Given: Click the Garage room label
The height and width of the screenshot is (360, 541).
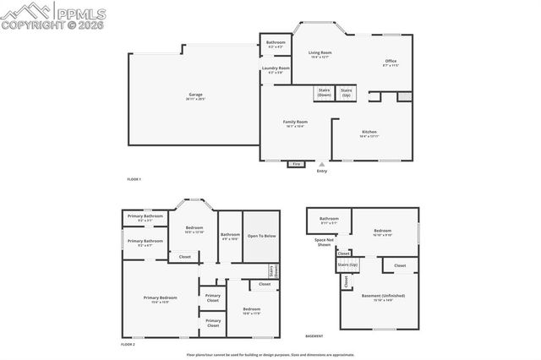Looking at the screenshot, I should (196, 95).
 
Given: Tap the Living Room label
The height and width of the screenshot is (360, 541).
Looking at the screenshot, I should (320, 54).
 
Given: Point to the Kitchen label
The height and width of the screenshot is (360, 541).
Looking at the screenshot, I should (369, 134).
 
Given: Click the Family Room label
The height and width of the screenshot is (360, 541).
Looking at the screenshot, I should (295, 123).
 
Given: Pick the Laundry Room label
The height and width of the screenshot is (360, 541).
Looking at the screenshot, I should (276, 69).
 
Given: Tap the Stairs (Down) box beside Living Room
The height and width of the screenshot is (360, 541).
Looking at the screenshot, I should (324, 93).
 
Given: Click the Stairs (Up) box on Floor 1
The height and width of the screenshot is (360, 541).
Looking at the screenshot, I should (346, 93).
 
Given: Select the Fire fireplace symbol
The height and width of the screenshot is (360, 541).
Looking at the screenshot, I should (296, 164).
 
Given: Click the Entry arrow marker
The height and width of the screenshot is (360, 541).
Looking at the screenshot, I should (321, 164).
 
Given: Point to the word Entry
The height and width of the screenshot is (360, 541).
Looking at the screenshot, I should (321, 172).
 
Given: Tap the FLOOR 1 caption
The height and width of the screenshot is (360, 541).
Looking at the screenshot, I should (134, 180).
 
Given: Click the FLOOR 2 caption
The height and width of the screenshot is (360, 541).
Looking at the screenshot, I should (128, 345).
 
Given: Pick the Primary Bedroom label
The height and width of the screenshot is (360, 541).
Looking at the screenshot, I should (160, 299).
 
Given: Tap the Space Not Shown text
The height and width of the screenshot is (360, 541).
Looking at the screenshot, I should (322, 242).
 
